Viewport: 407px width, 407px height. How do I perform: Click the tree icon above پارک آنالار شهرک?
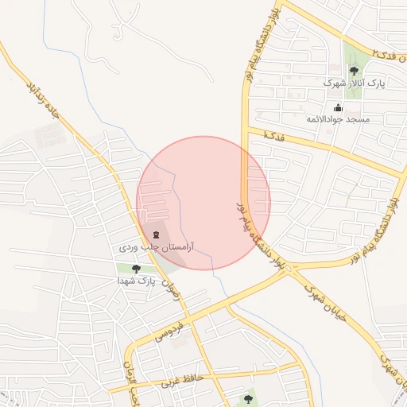pyautogui.click(x=354, y=71)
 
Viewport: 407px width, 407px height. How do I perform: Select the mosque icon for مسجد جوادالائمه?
pyautogui.click(x=339, y=107)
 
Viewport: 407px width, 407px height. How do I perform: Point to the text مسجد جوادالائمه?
pyautogui.click(x=339, y=119)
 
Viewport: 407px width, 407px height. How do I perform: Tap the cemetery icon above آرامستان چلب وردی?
pyautogui.click(x=155, y=235)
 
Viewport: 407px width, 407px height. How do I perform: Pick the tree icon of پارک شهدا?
pyautogui.click(x=136, y=269)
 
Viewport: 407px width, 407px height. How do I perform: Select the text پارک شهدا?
pyautogui.click(x=136, y=281)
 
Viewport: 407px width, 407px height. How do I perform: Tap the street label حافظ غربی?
pyautogui.click(x=184, y=380)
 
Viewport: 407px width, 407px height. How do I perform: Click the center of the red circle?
pyautogui.click(x=203, y=203)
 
